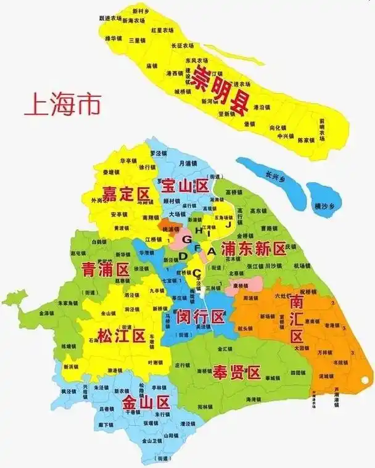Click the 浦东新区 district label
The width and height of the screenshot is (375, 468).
pyautogui.click(x=253, y=249)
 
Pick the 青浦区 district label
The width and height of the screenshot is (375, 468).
pyautogui.click(x=104, y=269)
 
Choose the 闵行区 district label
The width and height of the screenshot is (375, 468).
pyautogui.click(x=200, y=318)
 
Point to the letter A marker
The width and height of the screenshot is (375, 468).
pyautogui.click(x=211, y=251)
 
